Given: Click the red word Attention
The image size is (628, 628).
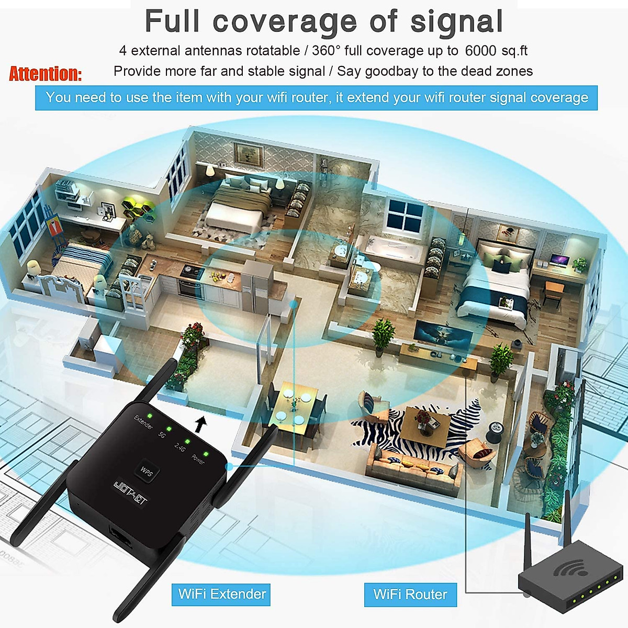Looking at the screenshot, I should [45, 74].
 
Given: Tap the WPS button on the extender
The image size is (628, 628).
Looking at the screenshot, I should [147, 471].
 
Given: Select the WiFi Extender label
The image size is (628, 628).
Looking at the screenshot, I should [221, 595].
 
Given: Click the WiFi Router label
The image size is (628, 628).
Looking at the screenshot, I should [410, 595].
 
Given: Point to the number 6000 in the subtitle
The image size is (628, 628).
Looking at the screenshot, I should [480, 51].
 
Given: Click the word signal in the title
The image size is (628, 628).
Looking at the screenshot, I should [456, 21].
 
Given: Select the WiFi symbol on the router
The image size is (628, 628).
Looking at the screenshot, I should [570, 568].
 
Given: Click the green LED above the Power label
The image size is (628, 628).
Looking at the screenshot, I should [206, 454].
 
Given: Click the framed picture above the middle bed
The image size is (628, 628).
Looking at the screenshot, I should [248, 153].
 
